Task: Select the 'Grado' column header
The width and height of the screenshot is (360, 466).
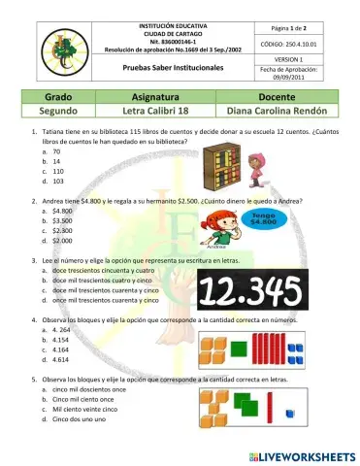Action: (60, 98)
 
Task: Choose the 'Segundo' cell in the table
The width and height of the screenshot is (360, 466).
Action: (60, 112)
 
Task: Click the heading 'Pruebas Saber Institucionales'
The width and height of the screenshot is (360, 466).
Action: (165, 70)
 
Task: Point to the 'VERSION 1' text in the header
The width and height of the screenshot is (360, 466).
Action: (308, 59)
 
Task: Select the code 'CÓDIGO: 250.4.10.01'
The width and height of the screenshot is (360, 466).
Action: (308, 45)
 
